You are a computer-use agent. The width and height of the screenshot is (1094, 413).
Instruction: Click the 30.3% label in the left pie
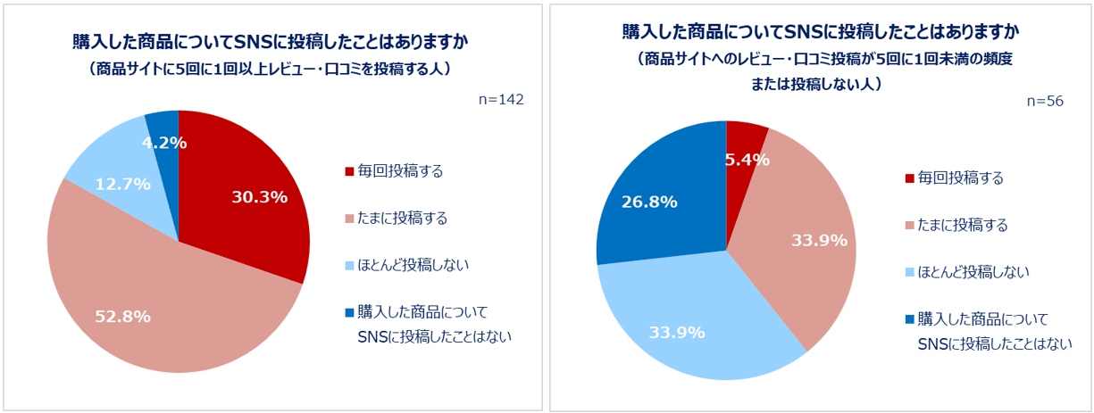click(259, 197)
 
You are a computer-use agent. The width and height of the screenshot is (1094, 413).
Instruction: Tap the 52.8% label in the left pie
click(122, 316)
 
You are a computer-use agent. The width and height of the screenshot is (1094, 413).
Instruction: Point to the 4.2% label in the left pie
click(163, 142)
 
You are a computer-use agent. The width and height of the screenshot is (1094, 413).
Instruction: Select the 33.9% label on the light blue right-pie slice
click(677, 333)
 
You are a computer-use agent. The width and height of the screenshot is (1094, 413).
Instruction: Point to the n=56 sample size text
click(1045, 102)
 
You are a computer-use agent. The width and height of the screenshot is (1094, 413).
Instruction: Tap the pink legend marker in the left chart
click(348, 219)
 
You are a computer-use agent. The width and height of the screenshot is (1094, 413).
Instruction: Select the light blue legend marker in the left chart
click(348, 266)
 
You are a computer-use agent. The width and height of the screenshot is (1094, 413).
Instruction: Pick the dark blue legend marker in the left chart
click(348, 313)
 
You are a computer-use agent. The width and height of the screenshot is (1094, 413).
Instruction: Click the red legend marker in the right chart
click(909, 178)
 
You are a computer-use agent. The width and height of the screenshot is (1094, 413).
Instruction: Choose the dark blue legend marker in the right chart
click(909, 319)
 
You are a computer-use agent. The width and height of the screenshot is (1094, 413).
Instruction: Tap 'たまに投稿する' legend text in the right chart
click(965, 225)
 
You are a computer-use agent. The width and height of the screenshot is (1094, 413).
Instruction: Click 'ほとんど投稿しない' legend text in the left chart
click(413, 265)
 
